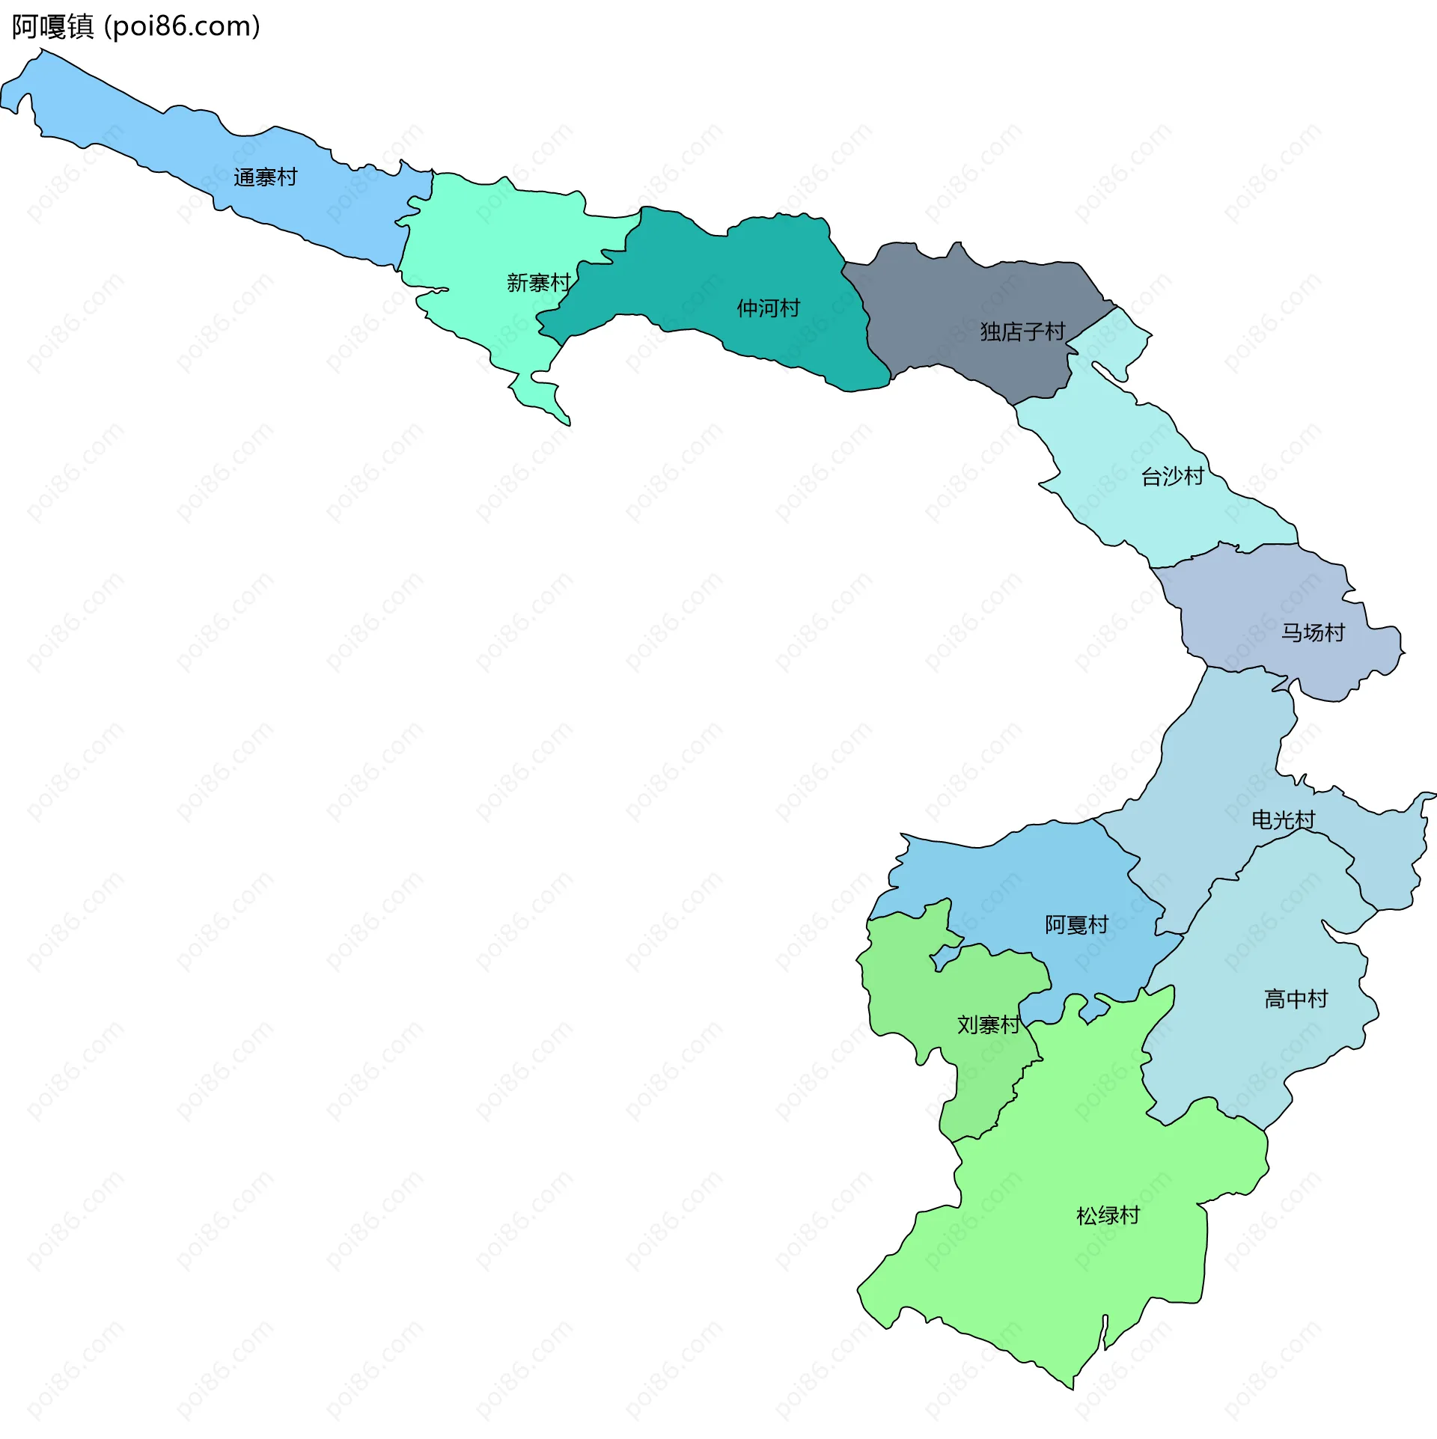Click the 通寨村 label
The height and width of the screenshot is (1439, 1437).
click(x=265, y=177)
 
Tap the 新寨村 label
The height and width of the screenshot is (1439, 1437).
click(x=538, y=283)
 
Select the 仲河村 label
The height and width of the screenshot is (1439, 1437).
click(x=768, y=308)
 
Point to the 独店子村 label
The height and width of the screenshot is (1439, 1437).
click(x=1022, y=332)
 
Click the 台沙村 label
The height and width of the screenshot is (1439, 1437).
click(x=1172, y=477)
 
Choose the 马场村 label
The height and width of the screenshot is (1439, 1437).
click(x=1313, y=633)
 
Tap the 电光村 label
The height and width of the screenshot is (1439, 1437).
click(x=1283, y=820)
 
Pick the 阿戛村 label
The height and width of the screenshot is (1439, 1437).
click(x=1076, y=925)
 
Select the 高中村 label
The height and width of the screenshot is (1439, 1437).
click(x=1296, y=999)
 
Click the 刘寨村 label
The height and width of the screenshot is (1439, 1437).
click(x=988, y=1024)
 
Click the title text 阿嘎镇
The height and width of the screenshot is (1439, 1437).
click(x=52, y=27)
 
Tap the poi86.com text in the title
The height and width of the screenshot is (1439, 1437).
click(x=182, y=27)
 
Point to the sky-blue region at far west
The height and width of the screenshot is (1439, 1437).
click(x=150, y=142)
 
